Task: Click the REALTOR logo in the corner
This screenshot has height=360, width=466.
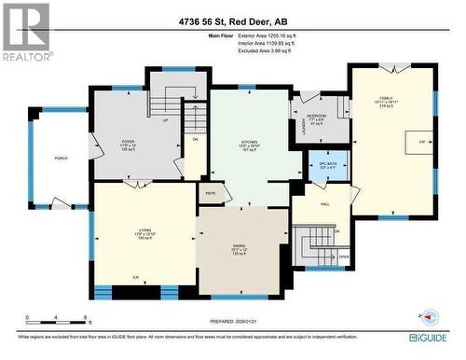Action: point(25,31)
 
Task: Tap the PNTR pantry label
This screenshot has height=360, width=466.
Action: point(211,194)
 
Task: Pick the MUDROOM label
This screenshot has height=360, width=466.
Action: point(316,118)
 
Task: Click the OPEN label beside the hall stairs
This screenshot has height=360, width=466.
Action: point(343,258)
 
